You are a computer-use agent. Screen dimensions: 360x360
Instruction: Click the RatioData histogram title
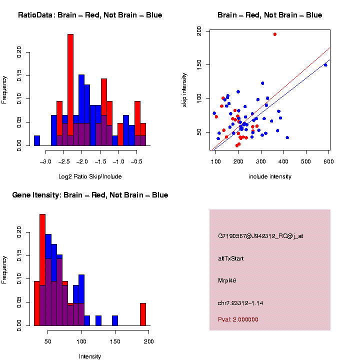(x=90, y=15)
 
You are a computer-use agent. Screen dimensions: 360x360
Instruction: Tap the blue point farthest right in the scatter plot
(x=325, y=65)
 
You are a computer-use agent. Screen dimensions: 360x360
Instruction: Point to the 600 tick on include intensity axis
(x=328, y=161)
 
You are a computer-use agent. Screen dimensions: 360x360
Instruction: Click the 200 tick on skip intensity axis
(x=199, y=31)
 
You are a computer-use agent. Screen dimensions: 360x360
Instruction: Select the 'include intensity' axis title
(x=270, y=176)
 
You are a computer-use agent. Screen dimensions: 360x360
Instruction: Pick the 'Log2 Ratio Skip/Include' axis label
(x=90, y=176)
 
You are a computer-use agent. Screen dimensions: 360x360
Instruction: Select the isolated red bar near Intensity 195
(x=143, y=314)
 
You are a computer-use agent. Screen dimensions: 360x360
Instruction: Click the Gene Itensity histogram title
(x=90, y=195)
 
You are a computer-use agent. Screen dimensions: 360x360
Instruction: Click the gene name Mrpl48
(x=227, y=280)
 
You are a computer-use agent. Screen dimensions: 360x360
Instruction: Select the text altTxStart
(x=230, y=258)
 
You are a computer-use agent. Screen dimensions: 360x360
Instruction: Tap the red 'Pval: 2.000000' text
(x=238, y=319)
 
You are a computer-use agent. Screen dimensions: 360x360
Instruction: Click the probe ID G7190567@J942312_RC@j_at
(x=260, y=236)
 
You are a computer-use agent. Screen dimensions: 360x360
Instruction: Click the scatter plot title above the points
(x=269, y=15)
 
